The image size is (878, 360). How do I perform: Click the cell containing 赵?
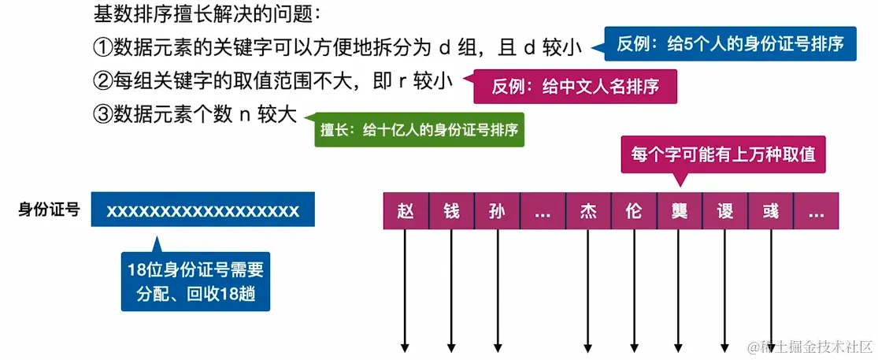click(406, 211)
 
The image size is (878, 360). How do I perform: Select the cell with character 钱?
click(451, 211)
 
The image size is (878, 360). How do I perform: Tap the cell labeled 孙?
click(497, 211)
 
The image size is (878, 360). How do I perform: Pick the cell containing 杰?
click(588, 211)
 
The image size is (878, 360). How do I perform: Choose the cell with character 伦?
click(634, 211)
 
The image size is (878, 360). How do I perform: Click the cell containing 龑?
click(679, 211)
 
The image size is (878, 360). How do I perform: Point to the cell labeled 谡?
click(724, 211)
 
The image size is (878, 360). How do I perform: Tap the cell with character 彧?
click(770, 211)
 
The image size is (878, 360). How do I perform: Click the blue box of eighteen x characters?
click(203, 211)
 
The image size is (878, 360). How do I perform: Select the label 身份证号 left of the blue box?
click(49, 210)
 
